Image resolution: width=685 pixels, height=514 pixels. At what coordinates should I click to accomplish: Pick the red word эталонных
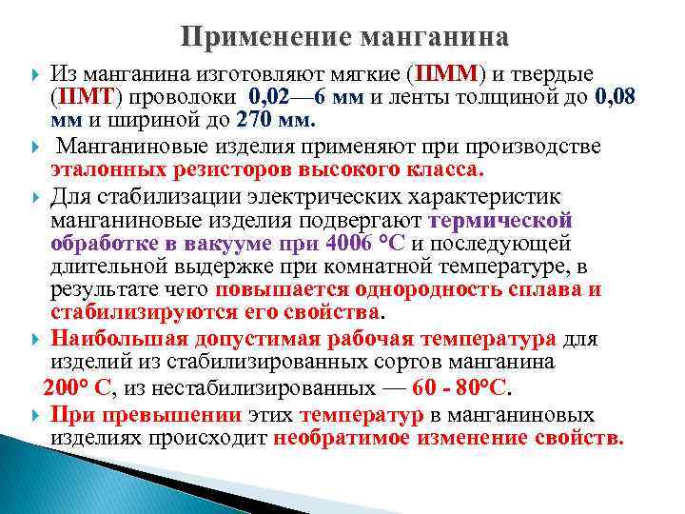coord(101,169)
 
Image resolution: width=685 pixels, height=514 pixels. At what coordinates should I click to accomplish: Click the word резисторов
coord(208,169)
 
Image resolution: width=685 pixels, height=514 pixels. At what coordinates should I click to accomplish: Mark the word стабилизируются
coord(132,312)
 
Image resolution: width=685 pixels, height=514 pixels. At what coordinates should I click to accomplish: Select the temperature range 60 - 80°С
coord(459,386)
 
